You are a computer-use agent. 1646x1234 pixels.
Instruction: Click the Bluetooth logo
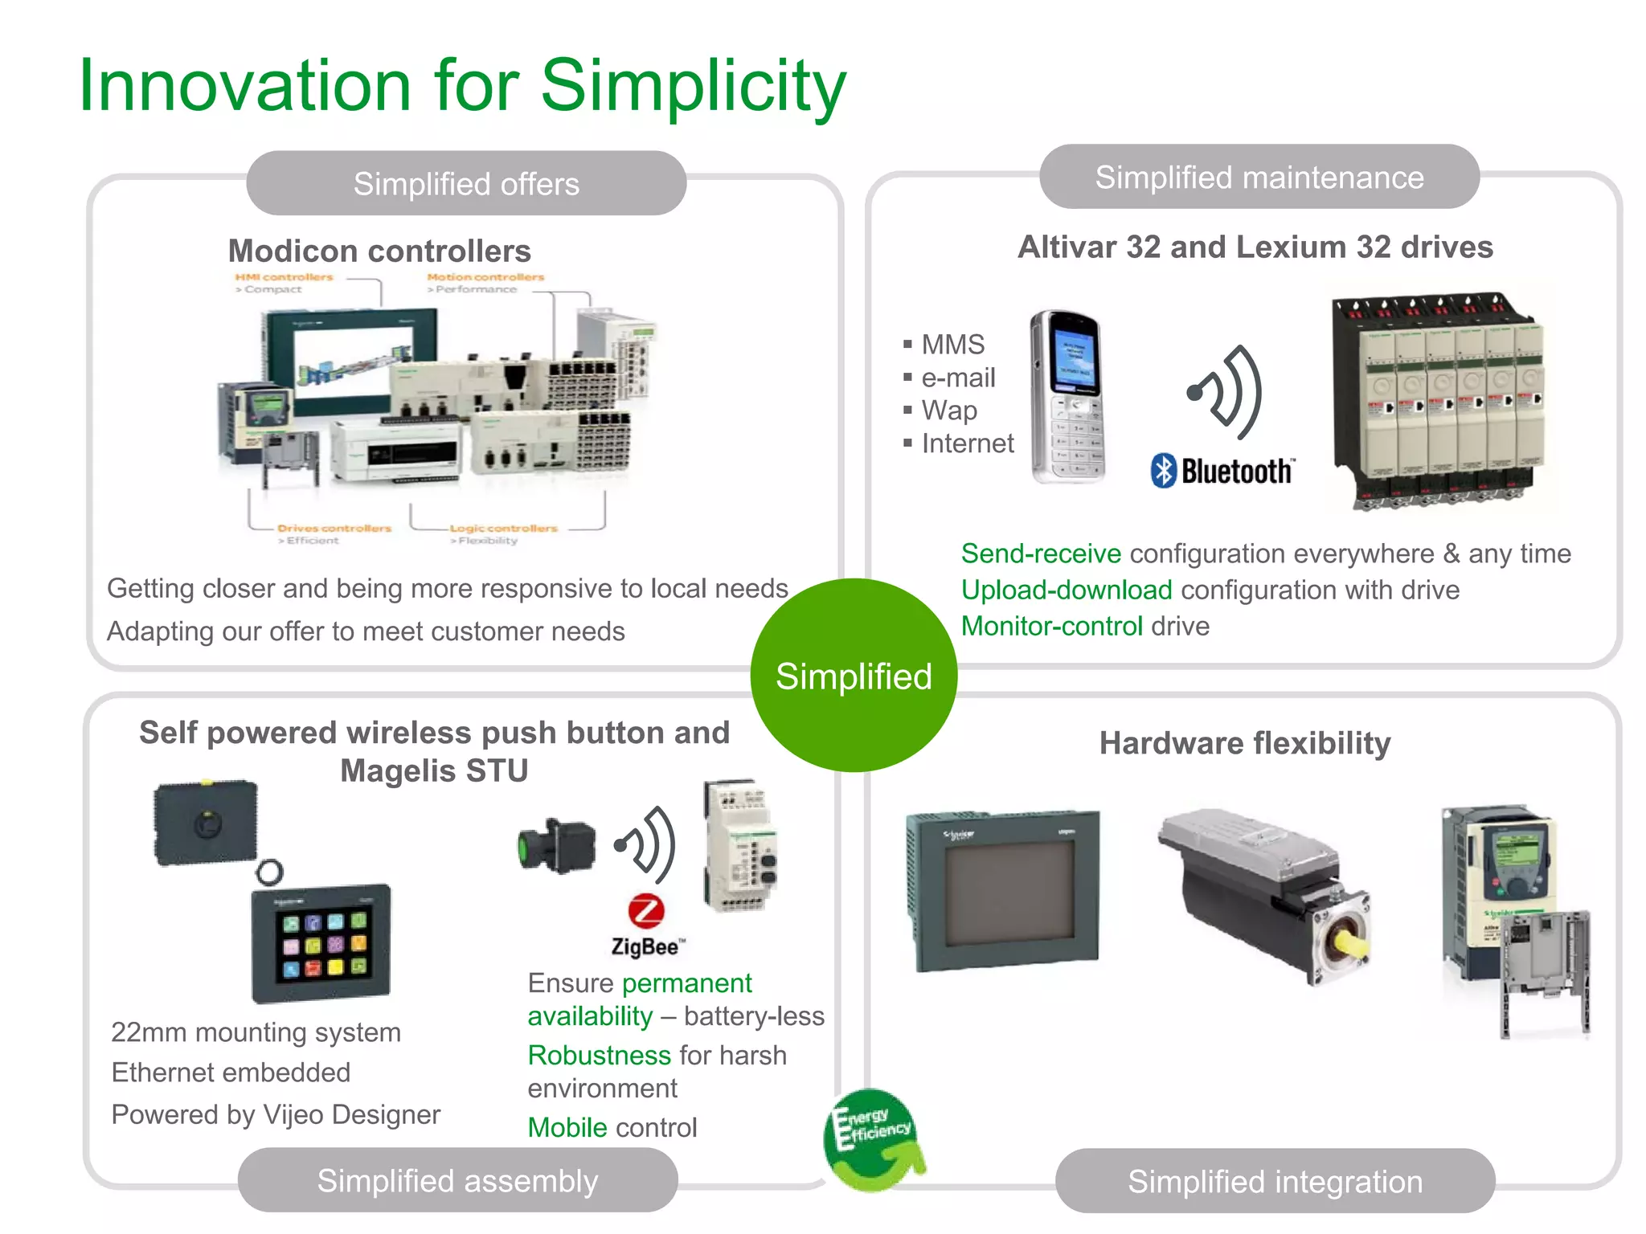click(1221, 471)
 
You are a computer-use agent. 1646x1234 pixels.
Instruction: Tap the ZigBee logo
click(647, 925)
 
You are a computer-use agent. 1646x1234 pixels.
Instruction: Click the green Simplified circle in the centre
click(854, 676)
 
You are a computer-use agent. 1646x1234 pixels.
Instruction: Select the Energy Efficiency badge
click(873, 1138)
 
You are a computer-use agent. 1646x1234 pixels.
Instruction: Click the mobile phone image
click(1068, 397)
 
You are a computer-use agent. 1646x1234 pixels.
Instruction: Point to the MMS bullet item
click(952, 345)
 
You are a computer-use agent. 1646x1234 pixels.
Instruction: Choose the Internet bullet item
click(967, 443)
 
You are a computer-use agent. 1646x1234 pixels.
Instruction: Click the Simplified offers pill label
click(466, 184)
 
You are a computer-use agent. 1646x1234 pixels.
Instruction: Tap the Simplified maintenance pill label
click(1259, 178)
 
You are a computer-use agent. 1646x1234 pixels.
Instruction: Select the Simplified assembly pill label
click(457, 1181)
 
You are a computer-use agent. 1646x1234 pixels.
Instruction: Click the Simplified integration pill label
click(1275, 1182)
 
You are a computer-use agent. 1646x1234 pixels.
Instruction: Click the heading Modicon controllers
click(379, 251)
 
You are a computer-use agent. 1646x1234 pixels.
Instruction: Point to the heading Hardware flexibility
click(1244, 743)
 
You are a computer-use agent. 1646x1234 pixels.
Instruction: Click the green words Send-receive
click(1041, 554)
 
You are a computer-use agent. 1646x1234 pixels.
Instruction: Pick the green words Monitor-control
click(1051, 626)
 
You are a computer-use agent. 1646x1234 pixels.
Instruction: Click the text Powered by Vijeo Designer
click(276, 1114)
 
